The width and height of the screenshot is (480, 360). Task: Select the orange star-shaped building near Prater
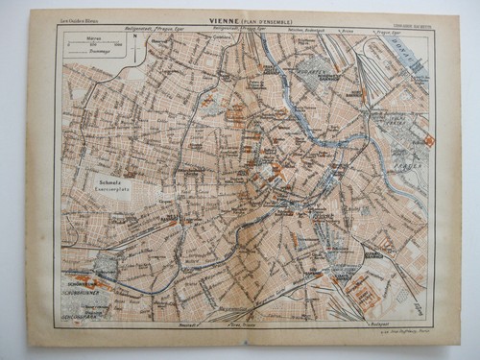429,142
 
